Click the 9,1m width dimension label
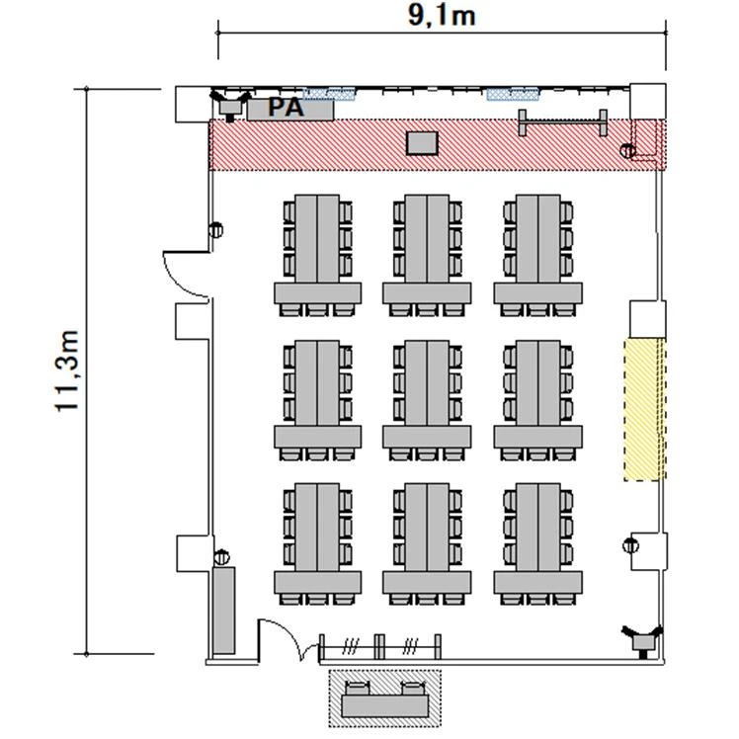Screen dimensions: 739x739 click(442, 17)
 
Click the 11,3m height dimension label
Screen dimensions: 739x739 click(66, 370)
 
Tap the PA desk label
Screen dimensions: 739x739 click(287, 108)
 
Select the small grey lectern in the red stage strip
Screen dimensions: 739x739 click(422, 143)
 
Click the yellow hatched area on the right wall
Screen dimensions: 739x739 click(644, 409)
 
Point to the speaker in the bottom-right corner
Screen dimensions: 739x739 click(642, 640)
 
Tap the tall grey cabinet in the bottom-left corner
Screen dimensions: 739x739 click(223, 611)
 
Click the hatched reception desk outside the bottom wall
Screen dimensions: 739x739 click(384, 698)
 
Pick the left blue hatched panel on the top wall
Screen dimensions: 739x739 click(328, 94)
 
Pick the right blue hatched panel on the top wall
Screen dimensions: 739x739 click(513, 94)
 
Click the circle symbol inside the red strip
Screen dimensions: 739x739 click(627, 151)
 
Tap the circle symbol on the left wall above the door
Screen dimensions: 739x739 click(215, 230)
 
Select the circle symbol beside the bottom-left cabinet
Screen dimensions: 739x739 click(221, 557)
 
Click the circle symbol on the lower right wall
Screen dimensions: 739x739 click(630, 545)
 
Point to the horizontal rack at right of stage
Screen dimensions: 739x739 click(562, 123)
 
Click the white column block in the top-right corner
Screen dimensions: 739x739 click(647, 102)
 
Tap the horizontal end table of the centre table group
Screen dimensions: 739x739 click(427, 437)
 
